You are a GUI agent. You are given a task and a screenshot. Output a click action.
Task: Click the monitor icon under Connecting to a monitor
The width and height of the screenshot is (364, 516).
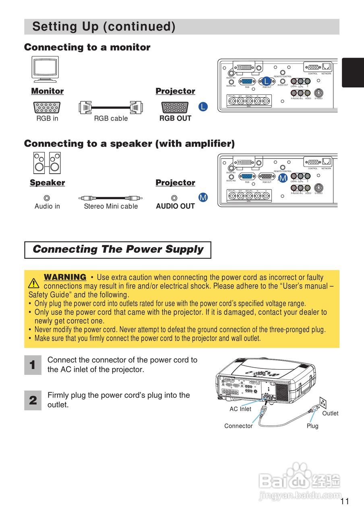point(45,69)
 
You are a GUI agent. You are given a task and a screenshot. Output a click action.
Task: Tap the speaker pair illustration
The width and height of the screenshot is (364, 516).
point(47,162)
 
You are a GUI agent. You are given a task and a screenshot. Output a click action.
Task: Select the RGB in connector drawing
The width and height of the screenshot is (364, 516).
point(47,107)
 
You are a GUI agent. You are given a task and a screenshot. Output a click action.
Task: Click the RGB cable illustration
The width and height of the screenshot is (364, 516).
point(111,107)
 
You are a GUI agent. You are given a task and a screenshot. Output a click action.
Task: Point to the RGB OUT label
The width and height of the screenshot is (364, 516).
point(175,119)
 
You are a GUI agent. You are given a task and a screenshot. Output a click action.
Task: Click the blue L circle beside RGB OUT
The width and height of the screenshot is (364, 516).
point(203,107)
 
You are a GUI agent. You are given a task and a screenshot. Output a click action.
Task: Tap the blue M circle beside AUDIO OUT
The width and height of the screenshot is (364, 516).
point(203,198)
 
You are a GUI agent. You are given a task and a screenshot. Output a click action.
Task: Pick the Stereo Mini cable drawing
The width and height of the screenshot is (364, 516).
point(110,198)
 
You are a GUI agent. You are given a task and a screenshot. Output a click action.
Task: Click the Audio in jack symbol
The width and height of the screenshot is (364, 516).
point(47,198)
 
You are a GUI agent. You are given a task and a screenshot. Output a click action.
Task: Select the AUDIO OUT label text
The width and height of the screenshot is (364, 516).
point(175,206)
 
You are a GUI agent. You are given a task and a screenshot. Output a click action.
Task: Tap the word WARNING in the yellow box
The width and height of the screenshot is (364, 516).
point(65,277)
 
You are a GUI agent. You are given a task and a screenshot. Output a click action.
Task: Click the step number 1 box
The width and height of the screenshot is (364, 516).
point(33,365)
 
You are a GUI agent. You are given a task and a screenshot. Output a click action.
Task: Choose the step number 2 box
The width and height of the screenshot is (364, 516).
point(33,400)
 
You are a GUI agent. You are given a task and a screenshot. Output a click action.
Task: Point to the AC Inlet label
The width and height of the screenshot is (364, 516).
point(240,409)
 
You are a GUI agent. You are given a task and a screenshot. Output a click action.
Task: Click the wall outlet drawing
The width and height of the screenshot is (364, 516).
point(322,402)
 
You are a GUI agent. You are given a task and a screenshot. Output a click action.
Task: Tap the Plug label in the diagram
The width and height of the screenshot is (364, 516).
point(312,426)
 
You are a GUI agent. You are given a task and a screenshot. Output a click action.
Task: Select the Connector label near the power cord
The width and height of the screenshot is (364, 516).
point(238,426)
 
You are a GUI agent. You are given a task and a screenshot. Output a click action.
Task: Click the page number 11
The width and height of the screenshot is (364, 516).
point(345,501)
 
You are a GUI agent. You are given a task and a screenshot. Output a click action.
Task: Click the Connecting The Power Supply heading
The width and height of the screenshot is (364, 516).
point(118,250)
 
